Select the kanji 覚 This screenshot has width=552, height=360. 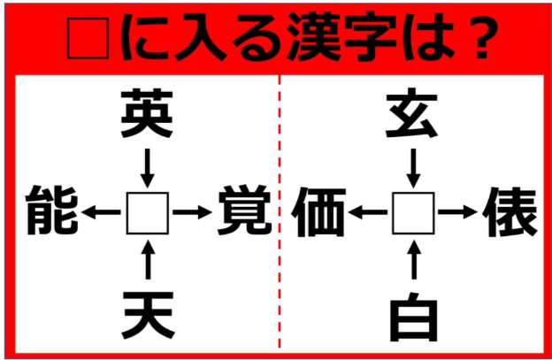point(242,211)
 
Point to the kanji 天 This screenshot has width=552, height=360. point(148,312)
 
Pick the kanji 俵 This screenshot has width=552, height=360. point(511,211)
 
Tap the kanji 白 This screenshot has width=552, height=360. point(412,314)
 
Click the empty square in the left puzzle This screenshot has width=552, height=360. point(148,212)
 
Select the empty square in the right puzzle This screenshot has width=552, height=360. point(412,212)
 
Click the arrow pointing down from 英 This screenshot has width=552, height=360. point(148,165)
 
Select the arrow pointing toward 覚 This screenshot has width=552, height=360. point(193,212)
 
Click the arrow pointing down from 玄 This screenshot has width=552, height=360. point(412,165)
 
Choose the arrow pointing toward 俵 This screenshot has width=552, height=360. point(458,212)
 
